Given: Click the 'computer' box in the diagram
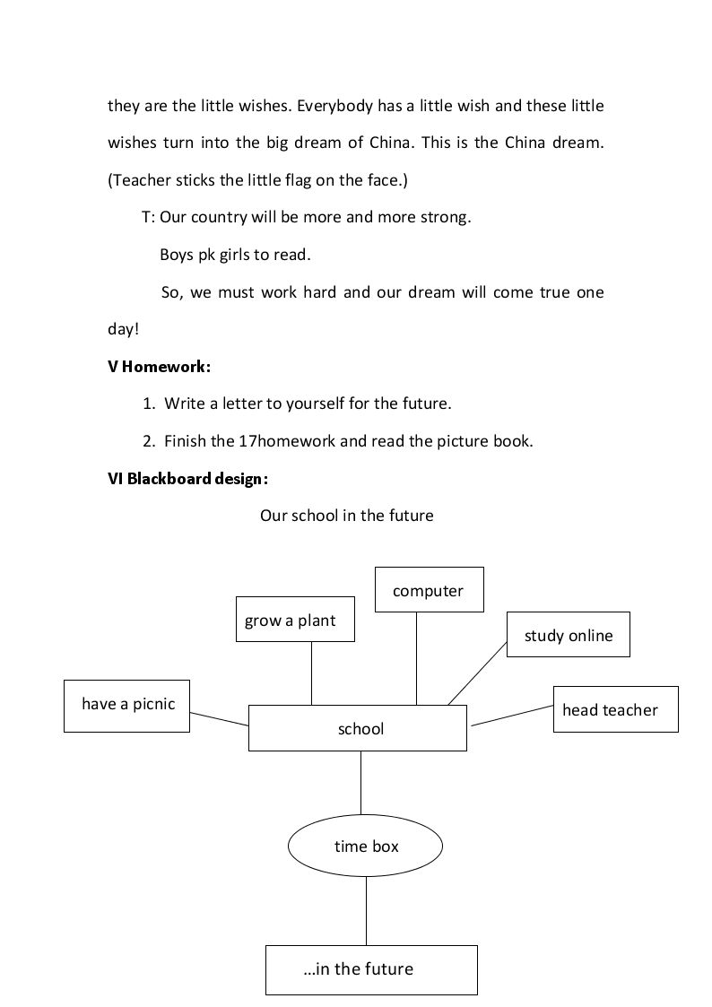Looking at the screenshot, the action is coord(429,589).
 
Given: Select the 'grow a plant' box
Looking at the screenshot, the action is coord(295,619).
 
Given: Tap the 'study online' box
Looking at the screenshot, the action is coord(569,635).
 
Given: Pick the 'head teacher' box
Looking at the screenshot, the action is coord(616,709).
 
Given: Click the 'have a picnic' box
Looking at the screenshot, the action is coord(126,706).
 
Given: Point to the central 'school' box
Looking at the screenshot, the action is coord(358,728).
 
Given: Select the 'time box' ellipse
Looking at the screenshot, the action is coord(365,846).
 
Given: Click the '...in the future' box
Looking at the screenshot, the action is coord(372,969).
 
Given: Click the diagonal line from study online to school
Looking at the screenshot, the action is coord(477,673).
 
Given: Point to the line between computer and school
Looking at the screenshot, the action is coord(416,658).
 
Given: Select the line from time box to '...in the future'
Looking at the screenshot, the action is coord(367,911).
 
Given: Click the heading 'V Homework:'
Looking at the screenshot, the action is coord(160,367).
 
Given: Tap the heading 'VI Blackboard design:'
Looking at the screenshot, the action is coord(188,479).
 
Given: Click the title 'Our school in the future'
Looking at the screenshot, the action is coord(347,516).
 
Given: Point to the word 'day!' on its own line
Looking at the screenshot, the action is coord(123,329).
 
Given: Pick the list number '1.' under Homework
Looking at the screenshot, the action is coord(149,404).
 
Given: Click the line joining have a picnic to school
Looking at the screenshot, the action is coord(219,718).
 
